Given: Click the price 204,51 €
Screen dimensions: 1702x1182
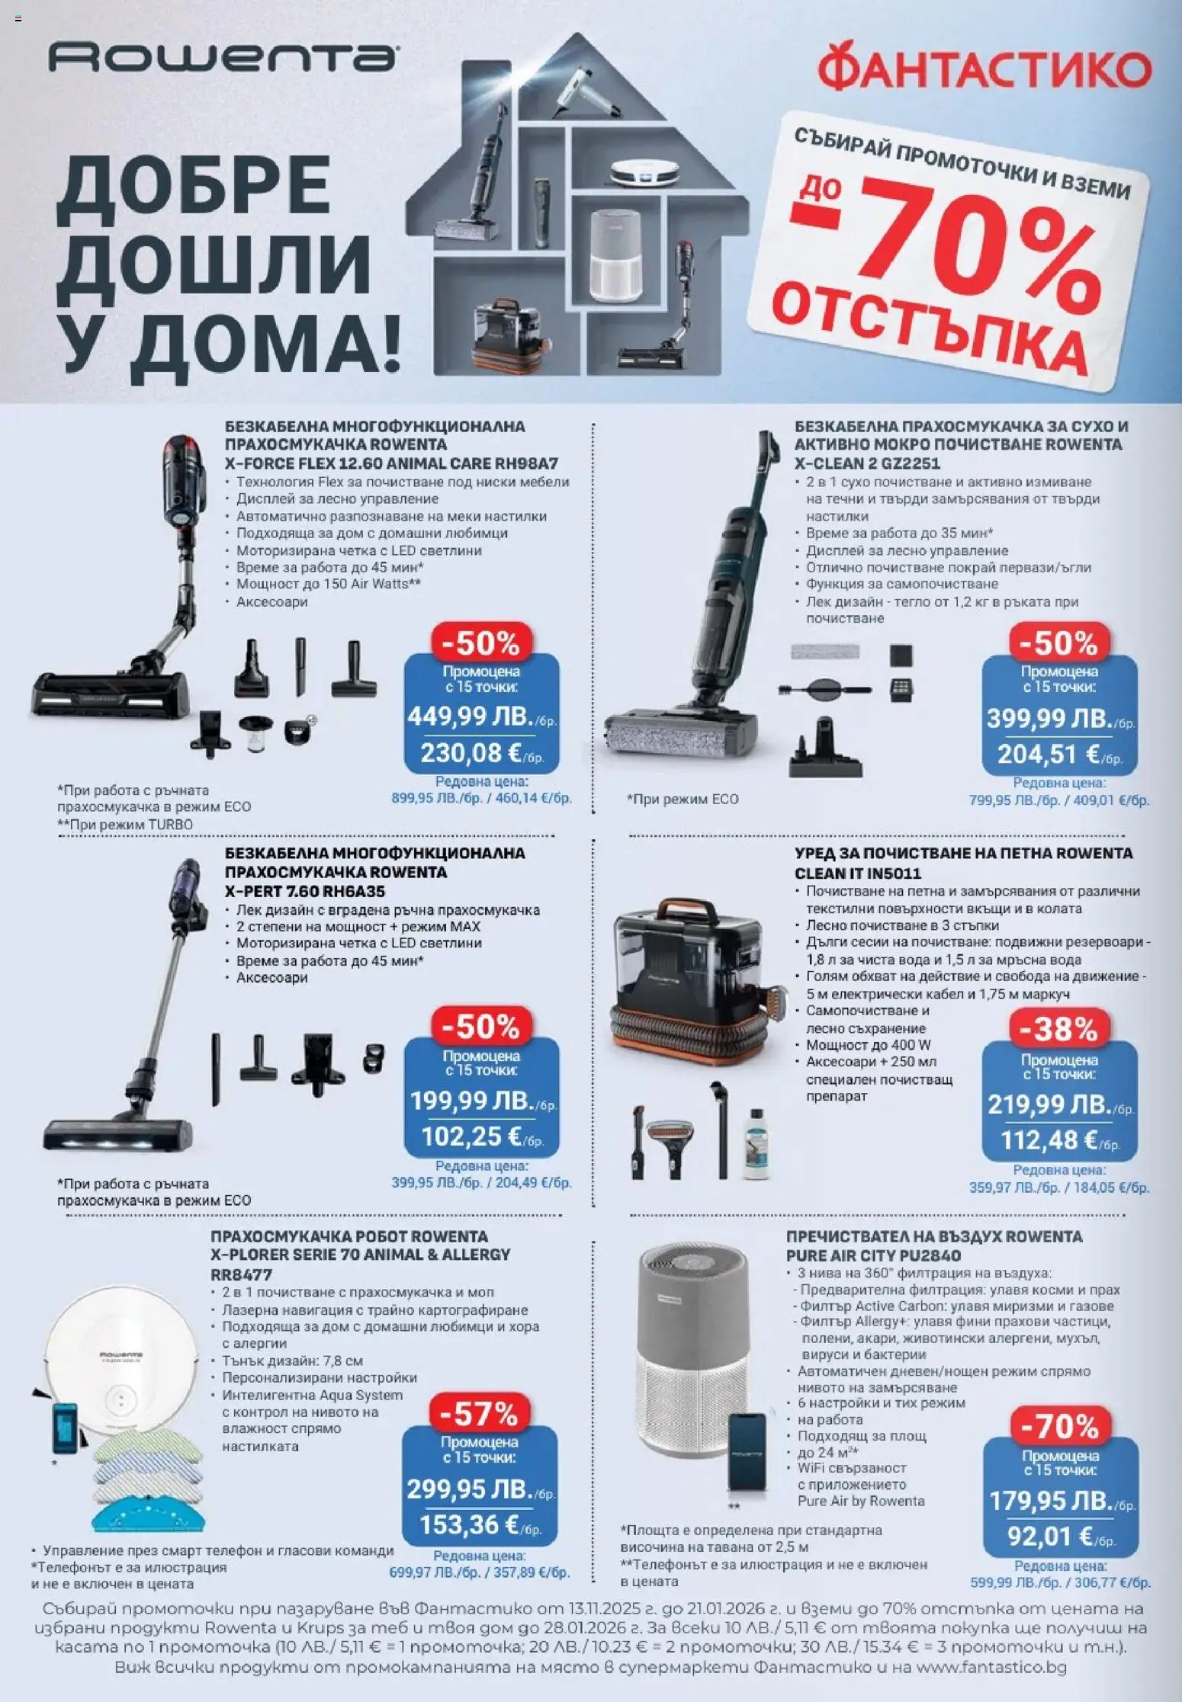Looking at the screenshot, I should pos(1049,755).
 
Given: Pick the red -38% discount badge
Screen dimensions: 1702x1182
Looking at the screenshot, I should pos(1059,1030).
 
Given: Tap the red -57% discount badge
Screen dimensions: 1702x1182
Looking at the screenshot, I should pos(480,1415).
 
